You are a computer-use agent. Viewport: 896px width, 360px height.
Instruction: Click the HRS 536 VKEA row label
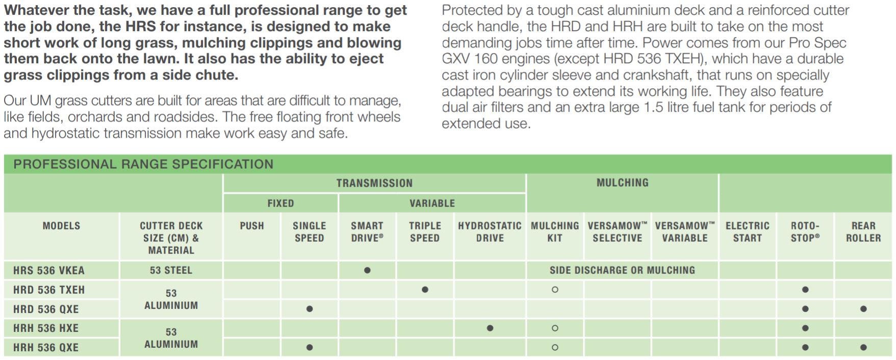49,270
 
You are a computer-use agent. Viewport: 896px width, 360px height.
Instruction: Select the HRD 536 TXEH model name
49,290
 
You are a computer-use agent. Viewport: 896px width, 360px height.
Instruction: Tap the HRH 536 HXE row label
46,328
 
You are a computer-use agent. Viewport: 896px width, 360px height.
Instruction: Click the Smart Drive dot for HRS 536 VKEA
367,270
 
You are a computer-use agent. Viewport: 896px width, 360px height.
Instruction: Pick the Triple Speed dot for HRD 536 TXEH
425,290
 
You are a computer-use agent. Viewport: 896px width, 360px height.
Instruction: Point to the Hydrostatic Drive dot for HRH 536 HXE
490,328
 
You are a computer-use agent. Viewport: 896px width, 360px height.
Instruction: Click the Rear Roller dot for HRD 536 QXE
863,309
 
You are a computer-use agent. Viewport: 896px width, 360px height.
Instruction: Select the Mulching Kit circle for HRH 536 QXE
555,347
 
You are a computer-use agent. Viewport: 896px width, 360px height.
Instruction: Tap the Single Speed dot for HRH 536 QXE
310,347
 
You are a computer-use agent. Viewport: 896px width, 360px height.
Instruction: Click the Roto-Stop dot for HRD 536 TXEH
805,290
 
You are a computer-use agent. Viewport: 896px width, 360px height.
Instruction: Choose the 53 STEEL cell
171,270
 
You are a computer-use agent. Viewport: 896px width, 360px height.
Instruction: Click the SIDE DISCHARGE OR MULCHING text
622,270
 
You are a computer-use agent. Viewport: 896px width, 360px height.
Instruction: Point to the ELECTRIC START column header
747,232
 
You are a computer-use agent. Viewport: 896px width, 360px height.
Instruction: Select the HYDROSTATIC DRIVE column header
490,232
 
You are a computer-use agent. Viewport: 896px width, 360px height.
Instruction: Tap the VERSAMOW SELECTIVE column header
618,232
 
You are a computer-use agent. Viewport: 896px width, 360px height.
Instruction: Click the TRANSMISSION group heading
374,183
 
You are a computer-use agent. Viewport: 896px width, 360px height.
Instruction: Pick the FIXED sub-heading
280,203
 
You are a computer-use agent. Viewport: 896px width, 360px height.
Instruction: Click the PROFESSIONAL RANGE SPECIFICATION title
143,164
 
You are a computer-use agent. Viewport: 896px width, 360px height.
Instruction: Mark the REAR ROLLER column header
863,232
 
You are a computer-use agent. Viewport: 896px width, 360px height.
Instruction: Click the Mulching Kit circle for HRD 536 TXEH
555,290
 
